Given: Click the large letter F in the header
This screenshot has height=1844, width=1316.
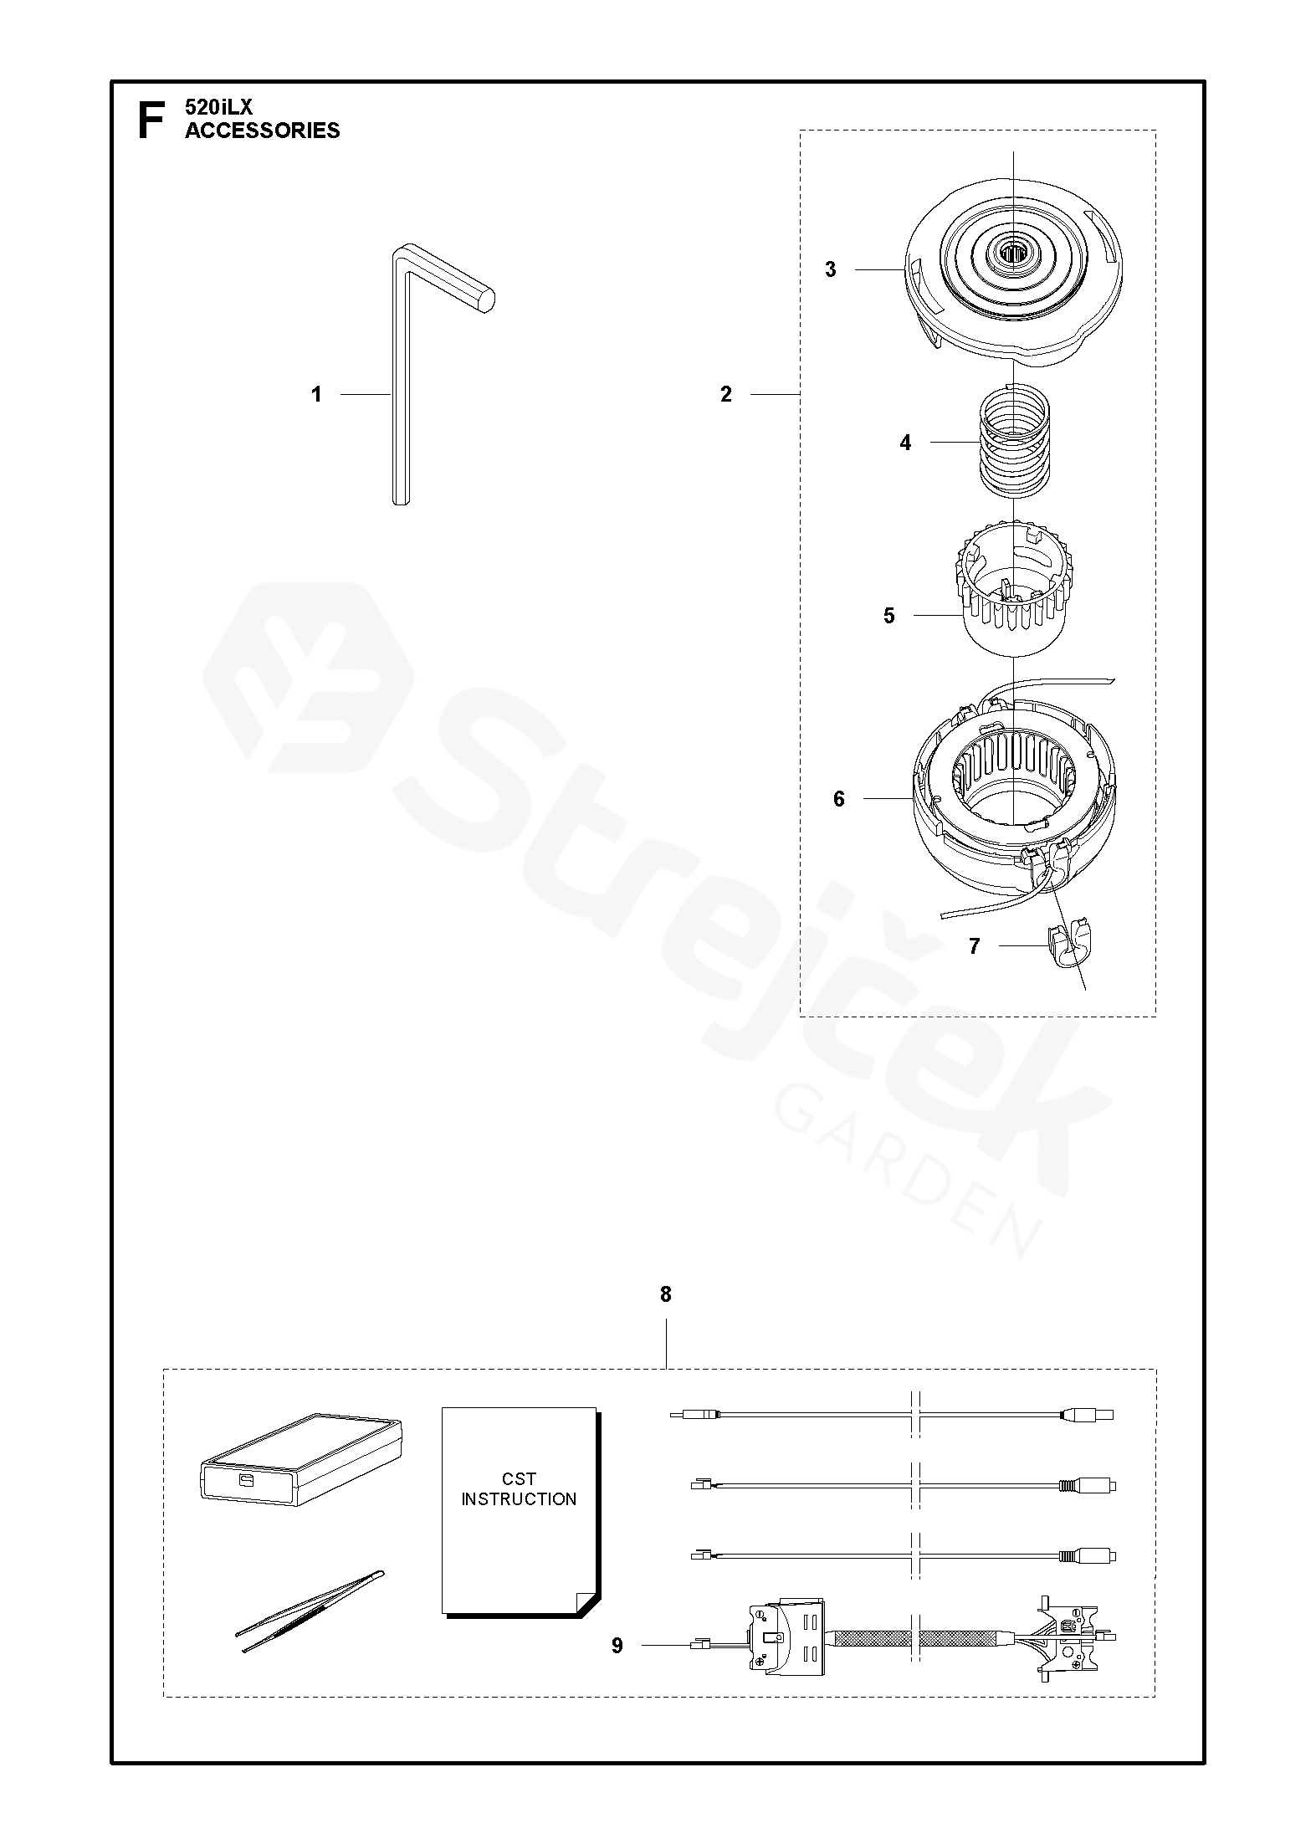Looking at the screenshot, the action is [x=150, y=120].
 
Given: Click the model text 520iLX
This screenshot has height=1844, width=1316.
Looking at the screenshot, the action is [x=213, y=107].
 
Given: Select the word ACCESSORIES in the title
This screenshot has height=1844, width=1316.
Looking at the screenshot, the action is [x=263, y=131].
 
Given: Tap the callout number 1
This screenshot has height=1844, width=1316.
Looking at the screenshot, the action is [x=316, y=394].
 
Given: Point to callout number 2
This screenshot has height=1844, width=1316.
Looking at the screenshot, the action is [x=726, y=394].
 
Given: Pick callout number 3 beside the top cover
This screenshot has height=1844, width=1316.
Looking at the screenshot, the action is [x=831, y=269].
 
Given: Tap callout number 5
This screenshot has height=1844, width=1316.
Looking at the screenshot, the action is [x=889, y=616].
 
